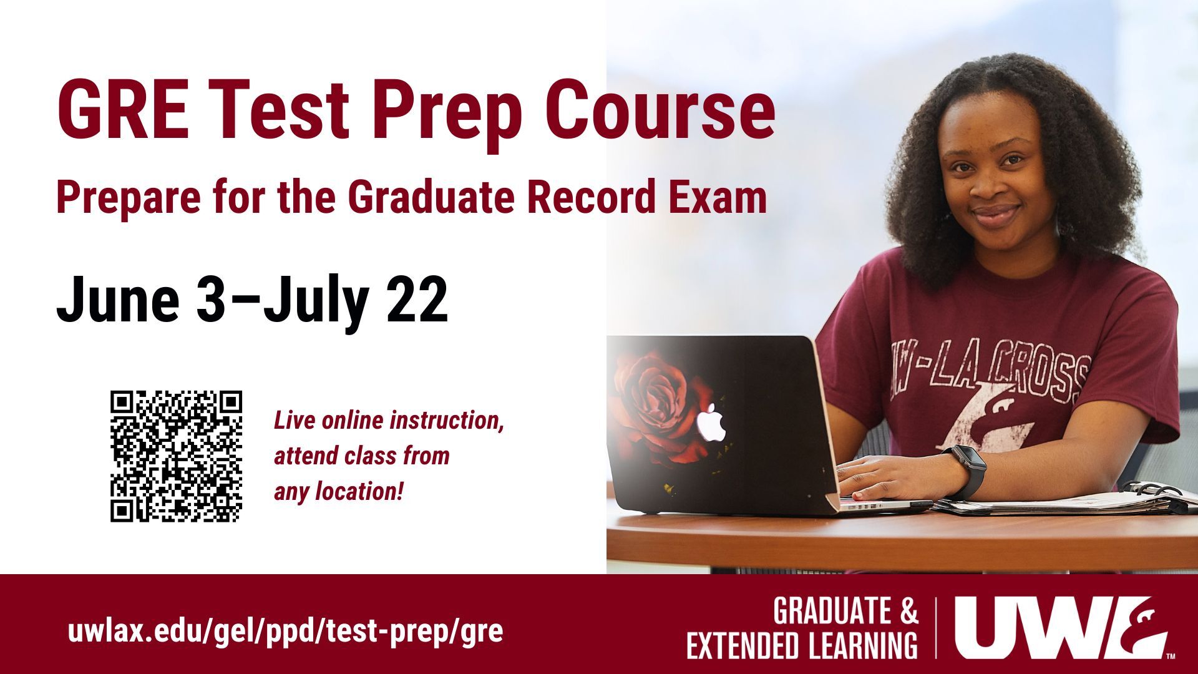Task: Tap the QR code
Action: tap(176, 456)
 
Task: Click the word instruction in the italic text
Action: tap(446, 421)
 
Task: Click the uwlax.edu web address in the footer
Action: tap(285, 632)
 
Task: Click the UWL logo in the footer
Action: tap(1061, 627)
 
